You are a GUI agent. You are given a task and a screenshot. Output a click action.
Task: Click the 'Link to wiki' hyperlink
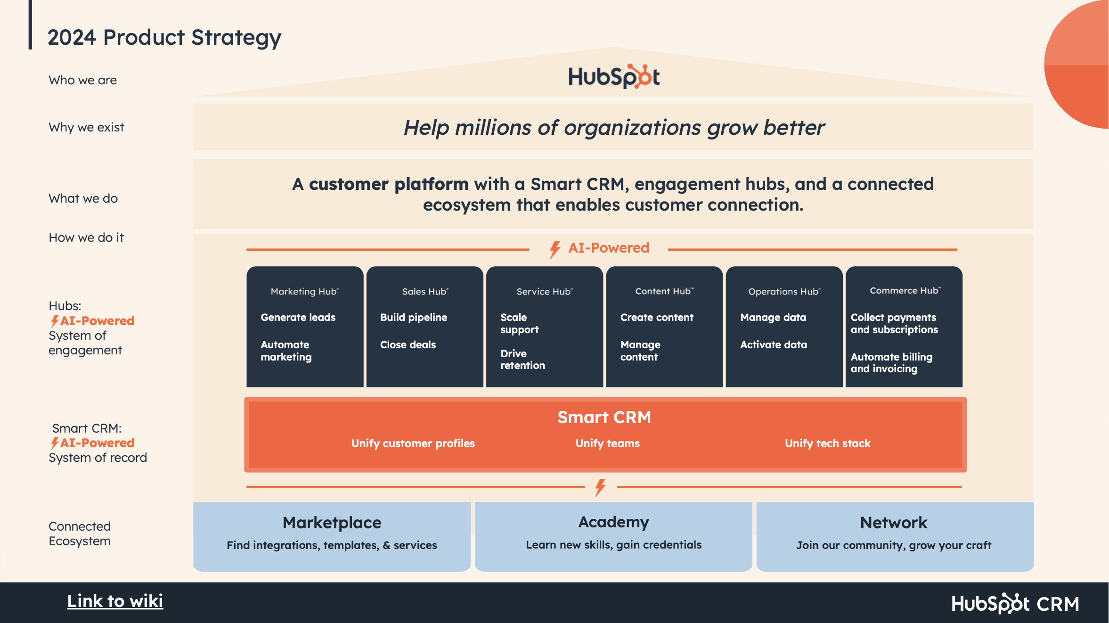tap(115, 601)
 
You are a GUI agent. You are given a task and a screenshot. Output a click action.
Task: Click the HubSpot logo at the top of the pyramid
tap(614, 77)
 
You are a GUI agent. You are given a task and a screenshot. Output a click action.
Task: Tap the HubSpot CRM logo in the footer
tap(1015, 604)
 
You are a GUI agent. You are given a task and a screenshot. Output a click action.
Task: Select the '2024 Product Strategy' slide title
tap(164, 37)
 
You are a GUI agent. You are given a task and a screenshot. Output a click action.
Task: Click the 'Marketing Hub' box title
tap(304, 292)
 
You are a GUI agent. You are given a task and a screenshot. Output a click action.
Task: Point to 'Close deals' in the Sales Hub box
tap(408, 345)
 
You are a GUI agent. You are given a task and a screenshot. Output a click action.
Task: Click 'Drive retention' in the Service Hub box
tap(522, 360)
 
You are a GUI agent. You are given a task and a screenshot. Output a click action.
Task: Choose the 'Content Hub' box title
tap(664, 291)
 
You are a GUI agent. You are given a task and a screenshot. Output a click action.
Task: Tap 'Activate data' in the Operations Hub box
tap(774, 345)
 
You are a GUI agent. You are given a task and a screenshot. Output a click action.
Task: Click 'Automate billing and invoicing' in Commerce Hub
tap(891, 363)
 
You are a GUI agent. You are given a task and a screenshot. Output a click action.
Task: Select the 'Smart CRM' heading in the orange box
tap(604, 418)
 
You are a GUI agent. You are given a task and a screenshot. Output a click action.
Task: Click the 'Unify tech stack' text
tap(828, 443)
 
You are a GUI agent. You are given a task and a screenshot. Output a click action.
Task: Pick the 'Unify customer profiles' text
tap(413, 443)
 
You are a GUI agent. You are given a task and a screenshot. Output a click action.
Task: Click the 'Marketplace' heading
tap(332, 523)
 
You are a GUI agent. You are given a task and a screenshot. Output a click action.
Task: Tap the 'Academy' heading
tap(613, 522)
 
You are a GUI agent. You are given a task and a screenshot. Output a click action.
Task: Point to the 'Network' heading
tap(894, 523)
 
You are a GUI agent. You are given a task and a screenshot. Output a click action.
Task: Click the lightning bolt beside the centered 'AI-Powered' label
tap(555, 249)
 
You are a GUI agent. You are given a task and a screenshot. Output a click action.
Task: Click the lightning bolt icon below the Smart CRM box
tap(600, 487)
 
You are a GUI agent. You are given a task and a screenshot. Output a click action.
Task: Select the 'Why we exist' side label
tap(86, 127)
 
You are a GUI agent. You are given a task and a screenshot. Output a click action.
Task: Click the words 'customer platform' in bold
tap(389, 184)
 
